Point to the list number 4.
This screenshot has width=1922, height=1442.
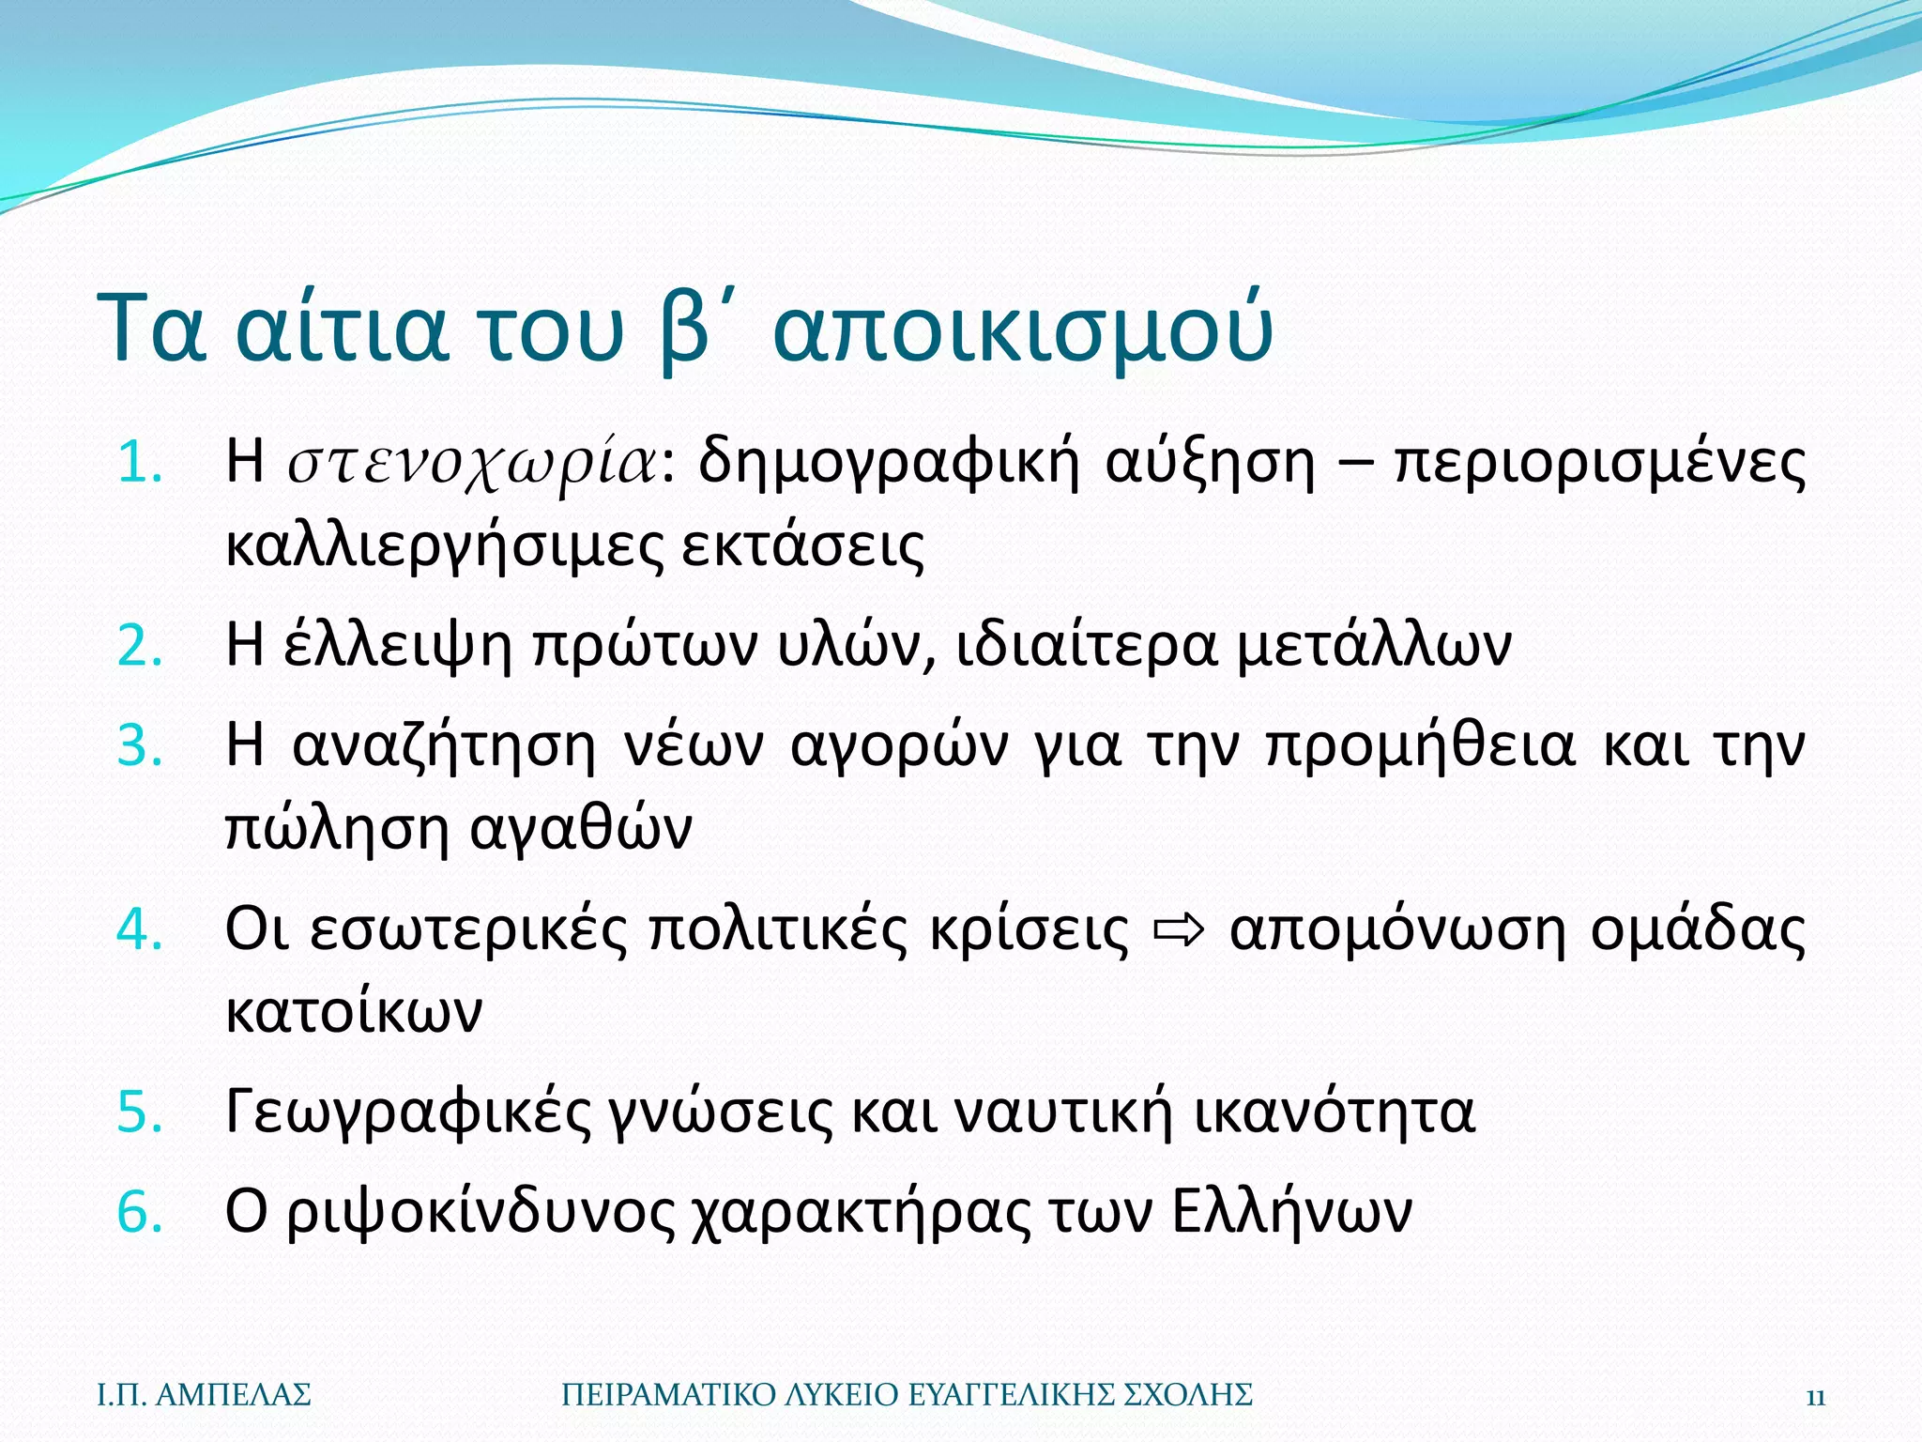140,930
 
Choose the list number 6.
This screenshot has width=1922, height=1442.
140,1212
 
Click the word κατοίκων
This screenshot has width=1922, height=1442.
354,1012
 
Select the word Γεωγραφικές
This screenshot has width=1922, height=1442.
407,1113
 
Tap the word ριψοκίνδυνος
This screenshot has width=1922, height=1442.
480,1212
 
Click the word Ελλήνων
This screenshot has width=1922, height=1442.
1292,1212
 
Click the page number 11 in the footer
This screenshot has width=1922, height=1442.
1815,1396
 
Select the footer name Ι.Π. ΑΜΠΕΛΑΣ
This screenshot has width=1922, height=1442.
204,1395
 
